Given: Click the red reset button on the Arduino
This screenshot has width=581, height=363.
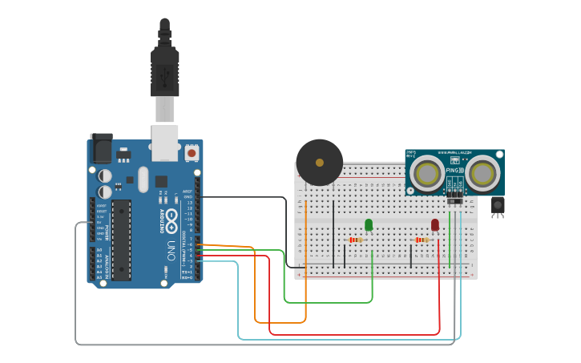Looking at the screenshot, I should pyautogui.click(x=192, y=151).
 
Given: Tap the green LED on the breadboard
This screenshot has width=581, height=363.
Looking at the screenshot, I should pyautogui.click(x=369, y=225).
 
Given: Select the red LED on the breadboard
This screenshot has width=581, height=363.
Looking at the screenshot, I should pyautogui.click(x=435, y=226).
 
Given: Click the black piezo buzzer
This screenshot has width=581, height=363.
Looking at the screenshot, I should pyautogui.click(x=319, y=163).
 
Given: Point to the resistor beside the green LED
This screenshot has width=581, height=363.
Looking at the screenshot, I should pyautogui.click(x=357, y=240).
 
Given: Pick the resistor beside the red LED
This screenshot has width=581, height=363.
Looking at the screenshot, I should pyautogui.click(x=422, y=239).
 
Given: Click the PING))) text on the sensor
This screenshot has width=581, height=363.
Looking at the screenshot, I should pyautogui.click(x=454, y=171).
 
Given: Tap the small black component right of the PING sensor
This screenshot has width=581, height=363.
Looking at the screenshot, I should pyautogui.click(x=498, y=206).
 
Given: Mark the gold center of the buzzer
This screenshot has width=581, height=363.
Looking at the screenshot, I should pyautogui.click(x=320, y=163).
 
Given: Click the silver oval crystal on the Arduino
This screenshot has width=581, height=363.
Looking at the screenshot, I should pyautogui.click(x=143, y=179).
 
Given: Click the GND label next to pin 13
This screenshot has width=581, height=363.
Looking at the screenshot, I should pyautogui.click(x=188, y=197).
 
